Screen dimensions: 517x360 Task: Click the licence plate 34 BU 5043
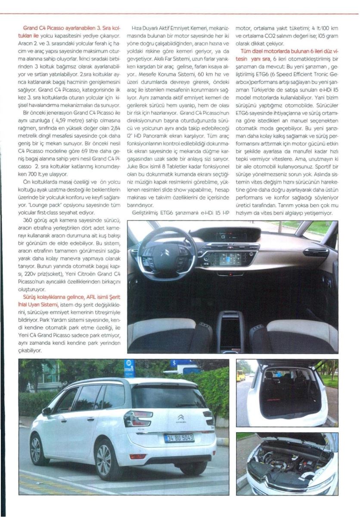pos(179,438)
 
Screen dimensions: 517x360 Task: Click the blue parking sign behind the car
pos(129,368)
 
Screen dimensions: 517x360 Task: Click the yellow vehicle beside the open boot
pos(242,375)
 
